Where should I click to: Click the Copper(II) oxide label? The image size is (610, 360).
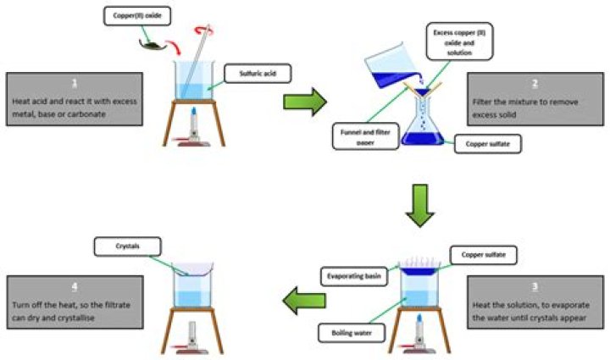(x=134, y=15)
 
